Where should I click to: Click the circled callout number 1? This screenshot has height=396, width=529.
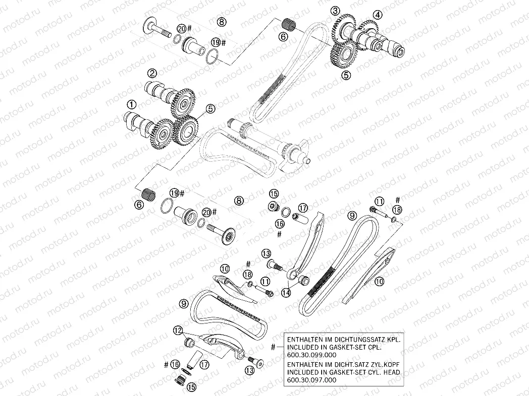[x=132, y=104]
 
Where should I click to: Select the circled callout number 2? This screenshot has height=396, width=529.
[x=152, y=73]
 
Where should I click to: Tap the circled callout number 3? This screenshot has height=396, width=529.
[x=335, y=11]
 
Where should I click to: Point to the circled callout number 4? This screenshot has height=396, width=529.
[x=378, y=15]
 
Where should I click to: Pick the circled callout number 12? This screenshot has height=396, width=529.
[x=179, y=331]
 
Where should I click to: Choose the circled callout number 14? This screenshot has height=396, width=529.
[x=286, y=293]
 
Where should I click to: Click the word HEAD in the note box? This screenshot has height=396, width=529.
[x=391, y=372]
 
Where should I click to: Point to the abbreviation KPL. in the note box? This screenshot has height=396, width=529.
[x=394, y=339]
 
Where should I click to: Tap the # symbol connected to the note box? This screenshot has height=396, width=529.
[x=273, y=347]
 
